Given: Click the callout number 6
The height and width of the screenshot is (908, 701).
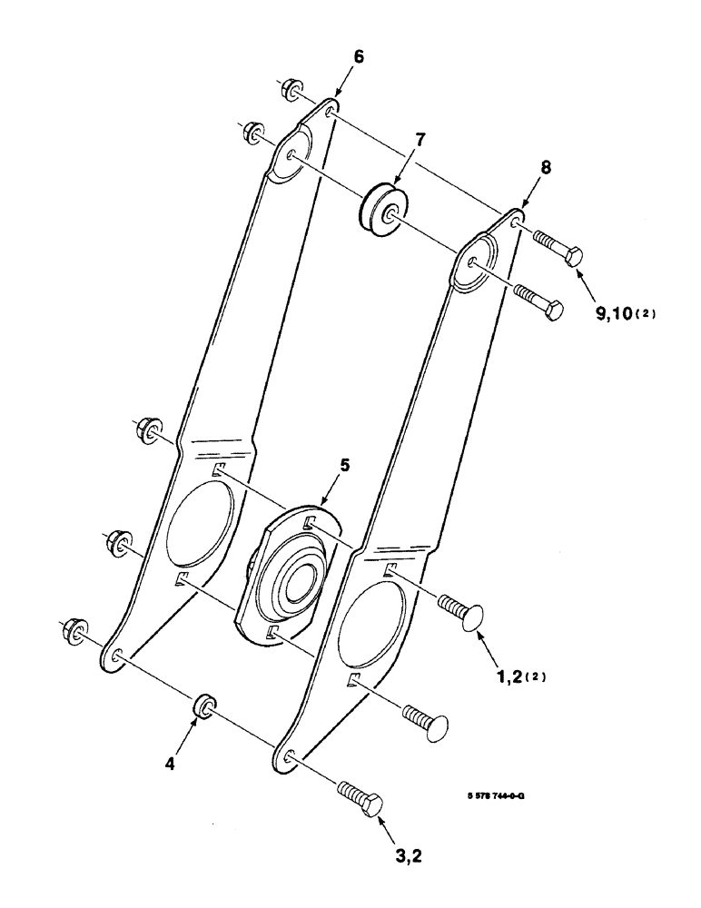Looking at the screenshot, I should [x=359, y=56].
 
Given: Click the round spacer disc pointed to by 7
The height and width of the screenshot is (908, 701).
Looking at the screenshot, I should [x=380, y=210].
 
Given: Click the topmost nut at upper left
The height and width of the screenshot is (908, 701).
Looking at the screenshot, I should [x=291, y=90].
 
